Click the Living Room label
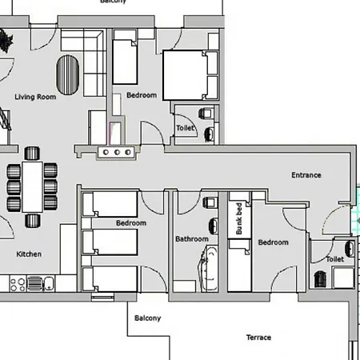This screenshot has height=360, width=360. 35,97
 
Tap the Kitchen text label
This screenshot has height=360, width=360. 29,254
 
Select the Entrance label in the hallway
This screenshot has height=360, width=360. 306,175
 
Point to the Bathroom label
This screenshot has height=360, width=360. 192,238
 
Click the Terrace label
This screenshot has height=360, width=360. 258,338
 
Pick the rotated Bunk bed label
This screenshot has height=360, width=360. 239,218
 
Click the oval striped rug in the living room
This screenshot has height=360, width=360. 68,74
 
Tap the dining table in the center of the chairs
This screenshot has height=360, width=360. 33,186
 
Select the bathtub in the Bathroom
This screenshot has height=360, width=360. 208,269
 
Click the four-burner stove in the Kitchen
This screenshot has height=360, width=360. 18,284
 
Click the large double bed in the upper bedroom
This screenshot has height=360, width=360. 190,75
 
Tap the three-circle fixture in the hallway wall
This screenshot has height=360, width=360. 117,152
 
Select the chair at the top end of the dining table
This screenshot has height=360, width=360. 32,154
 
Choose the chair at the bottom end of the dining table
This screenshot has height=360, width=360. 33,221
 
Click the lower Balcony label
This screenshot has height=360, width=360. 147,318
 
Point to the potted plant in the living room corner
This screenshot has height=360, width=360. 6,41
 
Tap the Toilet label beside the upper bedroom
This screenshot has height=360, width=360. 185,128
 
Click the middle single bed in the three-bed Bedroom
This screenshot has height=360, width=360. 110,242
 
